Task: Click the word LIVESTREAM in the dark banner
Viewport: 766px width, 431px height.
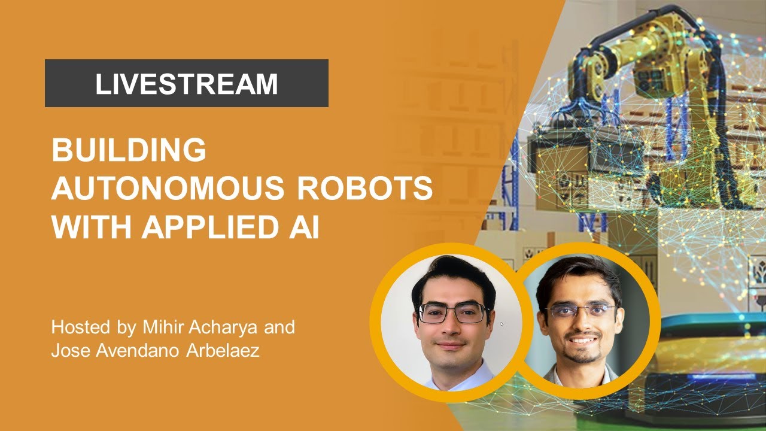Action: pos(186,84)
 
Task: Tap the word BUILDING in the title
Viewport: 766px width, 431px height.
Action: pos(129,150)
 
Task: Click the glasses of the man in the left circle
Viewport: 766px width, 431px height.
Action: pos(453,312)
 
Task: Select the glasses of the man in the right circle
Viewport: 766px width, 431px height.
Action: pos(580,311)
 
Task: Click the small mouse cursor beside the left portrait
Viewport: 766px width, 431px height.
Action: pos(501,324)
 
